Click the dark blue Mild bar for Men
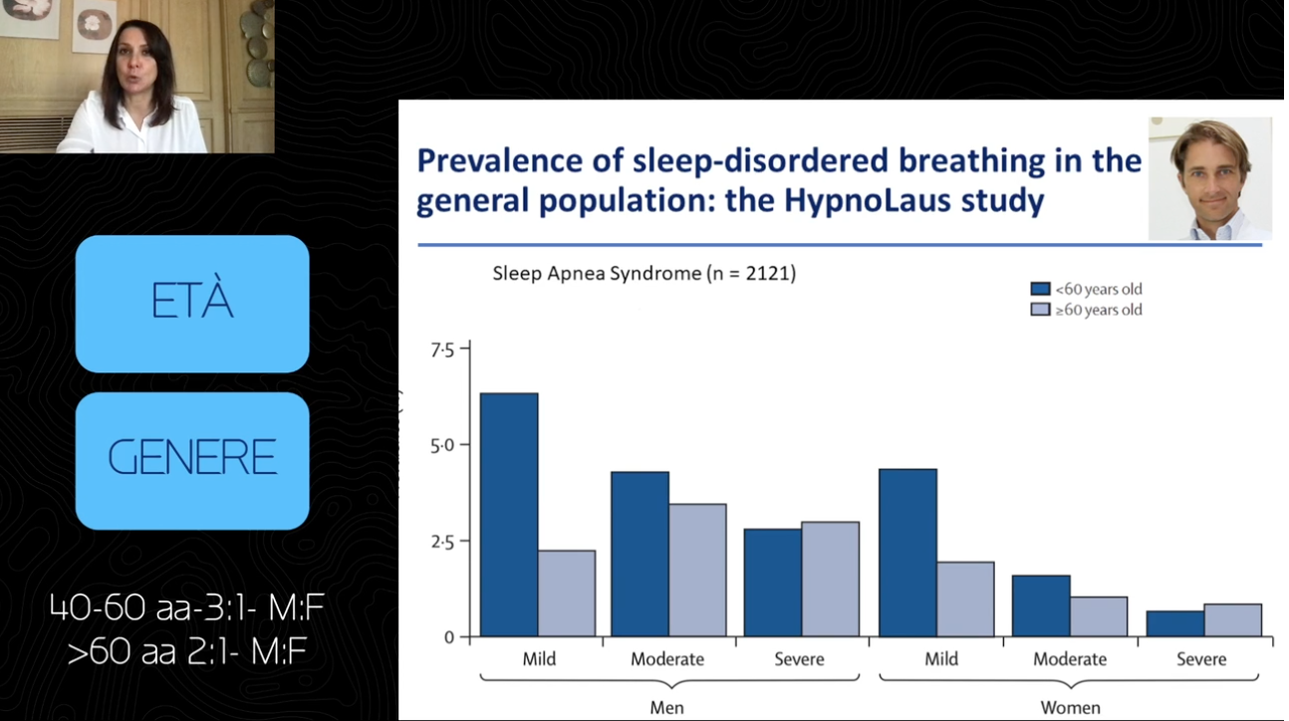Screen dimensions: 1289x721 509,515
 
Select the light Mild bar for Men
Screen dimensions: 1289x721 567,594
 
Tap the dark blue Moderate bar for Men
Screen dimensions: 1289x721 640,554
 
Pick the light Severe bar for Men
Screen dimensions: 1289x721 831,579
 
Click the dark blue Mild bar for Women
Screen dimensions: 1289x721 908,553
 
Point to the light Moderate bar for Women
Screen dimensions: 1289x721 1099,616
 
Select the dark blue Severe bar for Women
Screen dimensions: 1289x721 1175,623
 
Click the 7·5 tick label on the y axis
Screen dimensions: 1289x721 442,351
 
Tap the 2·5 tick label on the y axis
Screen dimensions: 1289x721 442,542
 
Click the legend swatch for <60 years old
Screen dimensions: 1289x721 1040,288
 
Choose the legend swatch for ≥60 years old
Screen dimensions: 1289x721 1040,310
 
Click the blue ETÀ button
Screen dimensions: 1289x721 192,304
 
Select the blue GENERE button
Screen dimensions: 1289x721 192,461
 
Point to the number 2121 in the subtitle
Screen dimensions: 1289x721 768,273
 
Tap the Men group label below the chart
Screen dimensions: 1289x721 667,707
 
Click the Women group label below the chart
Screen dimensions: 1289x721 1070,707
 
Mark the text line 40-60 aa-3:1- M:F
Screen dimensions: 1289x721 187,607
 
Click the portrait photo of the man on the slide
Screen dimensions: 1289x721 1210,178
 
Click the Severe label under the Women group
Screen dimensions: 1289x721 1201,659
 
